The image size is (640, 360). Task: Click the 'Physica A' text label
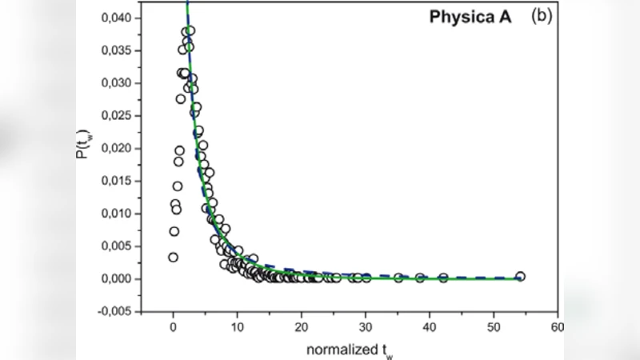(466, 16)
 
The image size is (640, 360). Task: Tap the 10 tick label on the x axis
(237, 327)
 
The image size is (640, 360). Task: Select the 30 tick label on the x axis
(366, 327)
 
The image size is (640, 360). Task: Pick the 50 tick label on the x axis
(494, 327)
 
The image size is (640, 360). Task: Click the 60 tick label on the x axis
(557, 327)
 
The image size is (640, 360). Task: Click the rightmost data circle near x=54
(520, 277)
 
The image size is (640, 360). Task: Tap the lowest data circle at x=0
(173, 257)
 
